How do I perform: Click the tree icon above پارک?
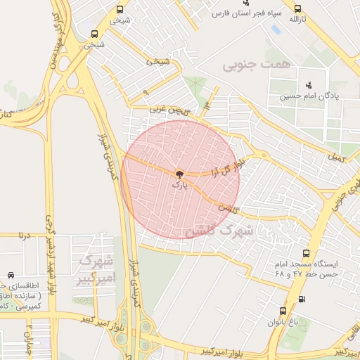[x=180, y=173]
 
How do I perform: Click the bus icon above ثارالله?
[x=298, y=8]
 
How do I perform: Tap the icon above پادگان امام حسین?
[x=309, y=85]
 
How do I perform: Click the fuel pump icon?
[x=302, y=299]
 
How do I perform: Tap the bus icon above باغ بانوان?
[x=283, y=311]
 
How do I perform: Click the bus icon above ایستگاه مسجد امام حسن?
[x=305, y=253]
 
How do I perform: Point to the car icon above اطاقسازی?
[x=11, y=275]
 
